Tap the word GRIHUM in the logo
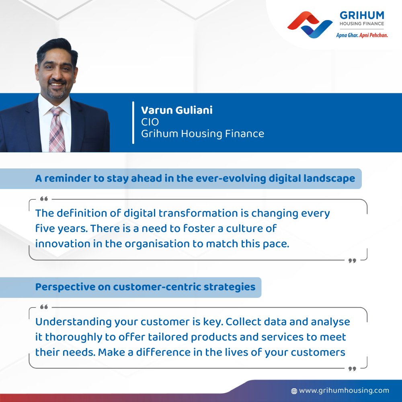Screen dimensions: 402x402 [362, 16]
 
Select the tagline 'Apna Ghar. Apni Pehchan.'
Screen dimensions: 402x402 [362, 35]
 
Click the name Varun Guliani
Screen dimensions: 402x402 [176, 110]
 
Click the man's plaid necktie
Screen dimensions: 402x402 [57, 129]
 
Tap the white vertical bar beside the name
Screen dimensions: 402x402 [133, 123]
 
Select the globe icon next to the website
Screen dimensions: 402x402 [294, 391]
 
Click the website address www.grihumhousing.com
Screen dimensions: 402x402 [344, 390]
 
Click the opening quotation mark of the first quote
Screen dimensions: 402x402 [44, 199]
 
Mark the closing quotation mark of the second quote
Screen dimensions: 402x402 [352, 369]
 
